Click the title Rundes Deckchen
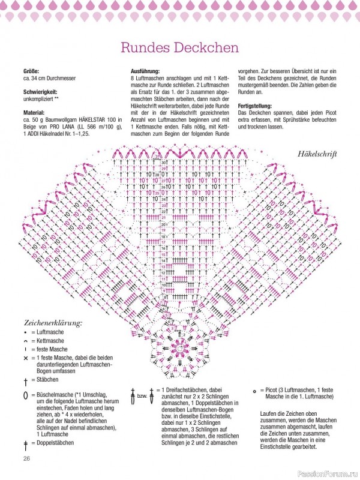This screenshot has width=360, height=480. pos(179,47)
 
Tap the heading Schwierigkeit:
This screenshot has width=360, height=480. pos(43,93)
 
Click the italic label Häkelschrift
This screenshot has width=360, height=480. pos(317,154)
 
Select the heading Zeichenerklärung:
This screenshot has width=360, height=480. pos(53,322)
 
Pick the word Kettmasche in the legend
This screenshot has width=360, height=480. pos(50,341)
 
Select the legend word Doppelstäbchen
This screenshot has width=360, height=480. pos(55,443)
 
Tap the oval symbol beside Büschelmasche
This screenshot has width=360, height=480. pos(26,394)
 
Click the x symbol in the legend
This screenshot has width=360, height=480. pos(26,358)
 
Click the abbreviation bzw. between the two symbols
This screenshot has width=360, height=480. pos(142,397)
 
